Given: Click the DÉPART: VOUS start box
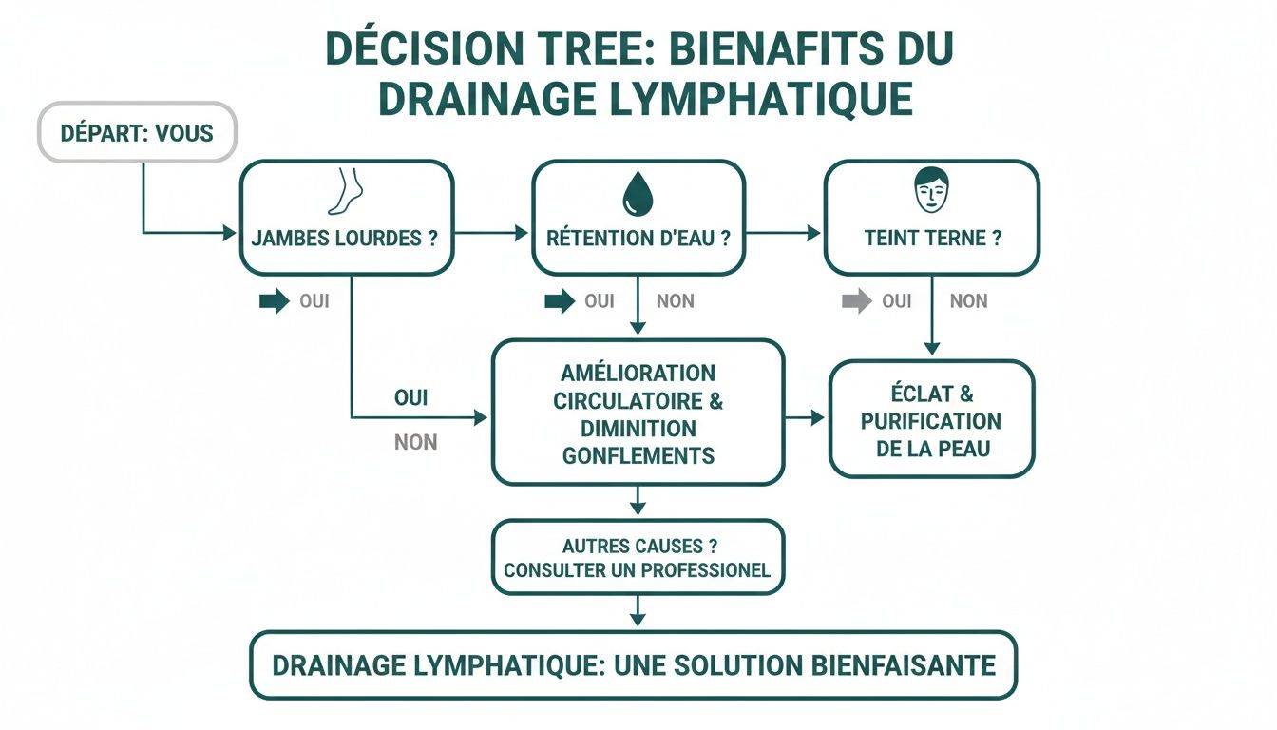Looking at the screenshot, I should [136, 132].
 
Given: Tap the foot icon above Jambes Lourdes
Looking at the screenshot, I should [345, 191].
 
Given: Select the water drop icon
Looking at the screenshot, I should [637, 194].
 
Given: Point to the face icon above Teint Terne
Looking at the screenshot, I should [931, 191].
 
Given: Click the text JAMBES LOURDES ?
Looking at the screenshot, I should [345, 238].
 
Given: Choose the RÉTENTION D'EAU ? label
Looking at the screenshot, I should [638, 238].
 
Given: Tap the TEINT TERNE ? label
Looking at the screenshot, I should [932, 238].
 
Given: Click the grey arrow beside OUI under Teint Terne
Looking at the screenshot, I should [856, 301].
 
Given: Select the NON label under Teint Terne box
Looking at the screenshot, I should [968, 301].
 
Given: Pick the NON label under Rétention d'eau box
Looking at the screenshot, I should [675, 301].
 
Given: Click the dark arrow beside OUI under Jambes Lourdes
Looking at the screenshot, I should [274, 301].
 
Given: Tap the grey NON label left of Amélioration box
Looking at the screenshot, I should [415, 442].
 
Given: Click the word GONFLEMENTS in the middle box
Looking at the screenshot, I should [638, 455].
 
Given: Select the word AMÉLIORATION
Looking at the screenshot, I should [638, 373].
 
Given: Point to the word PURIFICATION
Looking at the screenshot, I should [931, 420].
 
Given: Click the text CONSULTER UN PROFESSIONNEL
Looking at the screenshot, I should [638, 570].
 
